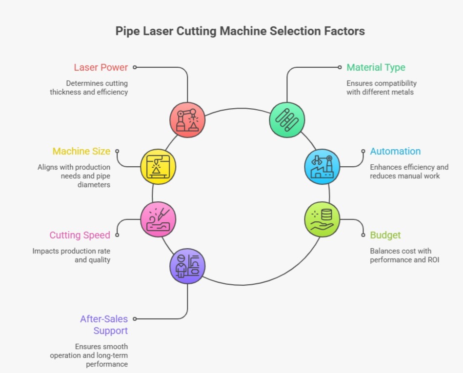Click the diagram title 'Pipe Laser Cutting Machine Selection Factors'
click(240, 31)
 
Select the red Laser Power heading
click(101, 67)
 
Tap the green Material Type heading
click(376, 67)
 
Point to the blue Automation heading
click(395, 151)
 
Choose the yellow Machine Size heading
click(81, 151)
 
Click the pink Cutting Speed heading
click(80, 235)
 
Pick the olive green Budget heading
click(385, 235)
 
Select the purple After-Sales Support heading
click(104, 325)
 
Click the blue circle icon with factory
click(322, 166)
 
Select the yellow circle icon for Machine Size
click(158, 166)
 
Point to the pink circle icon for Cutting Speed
click(158, 219)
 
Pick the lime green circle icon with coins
click(322, 219)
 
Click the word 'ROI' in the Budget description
click(432, 260)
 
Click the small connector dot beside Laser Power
click(135, 67)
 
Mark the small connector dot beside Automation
click(363, 151)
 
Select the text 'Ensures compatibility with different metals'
click(382, 87)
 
